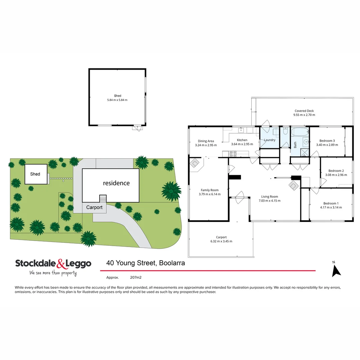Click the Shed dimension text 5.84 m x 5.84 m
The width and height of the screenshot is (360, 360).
point(118,100)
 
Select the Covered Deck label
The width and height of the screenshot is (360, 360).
point(304,111)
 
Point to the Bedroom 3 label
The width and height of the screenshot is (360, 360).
point(327,141)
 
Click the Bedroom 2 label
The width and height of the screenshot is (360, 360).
point(336,171)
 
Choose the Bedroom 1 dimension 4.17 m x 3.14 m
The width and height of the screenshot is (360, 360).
point(331,207)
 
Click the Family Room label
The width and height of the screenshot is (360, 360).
point(210,190)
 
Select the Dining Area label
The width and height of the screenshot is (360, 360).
point(206,141)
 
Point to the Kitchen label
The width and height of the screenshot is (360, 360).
point(242,140)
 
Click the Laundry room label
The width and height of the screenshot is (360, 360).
point(270,140)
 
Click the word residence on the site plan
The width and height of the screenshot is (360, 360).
point(116,183)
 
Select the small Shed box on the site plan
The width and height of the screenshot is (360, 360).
point(36,174)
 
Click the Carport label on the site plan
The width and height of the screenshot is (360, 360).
point(95,207)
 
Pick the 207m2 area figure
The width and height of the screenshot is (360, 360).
point(136,277)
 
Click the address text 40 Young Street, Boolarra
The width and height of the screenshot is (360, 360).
point(146,263)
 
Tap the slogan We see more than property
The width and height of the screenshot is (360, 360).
point(53,273)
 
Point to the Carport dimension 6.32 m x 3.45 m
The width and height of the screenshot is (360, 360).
point(221,241)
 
